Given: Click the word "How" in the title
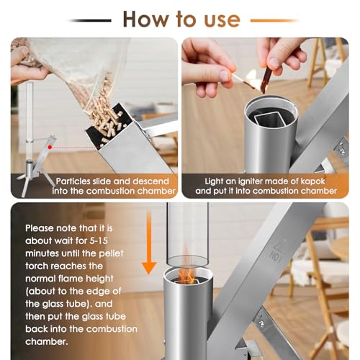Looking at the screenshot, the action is pyautogui.click(x=145, y=19).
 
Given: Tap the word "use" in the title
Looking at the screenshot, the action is pyautogui.click(x=222, y=20).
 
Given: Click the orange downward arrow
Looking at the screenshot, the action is pyautogui.click(x=149, y=243).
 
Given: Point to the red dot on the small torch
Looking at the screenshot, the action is pyautogui.click(x=50, y=147).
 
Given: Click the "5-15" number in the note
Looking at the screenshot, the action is pyautogui.click(x=99, y=240).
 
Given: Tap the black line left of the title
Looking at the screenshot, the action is pyautogui.click(x=89, y=21).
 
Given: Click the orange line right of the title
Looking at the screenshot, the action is pyautogui.click(x=274, y=21).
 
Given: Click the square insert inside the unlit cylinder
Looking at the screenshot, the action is pyautogui.click(x=270, y=120).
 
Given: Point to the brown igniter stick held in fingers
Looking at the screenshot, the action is pyautogui.click(x=266, y=79).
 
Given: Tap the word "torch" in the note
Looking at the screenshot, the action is pyautogui.click(x=37, y=266).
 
